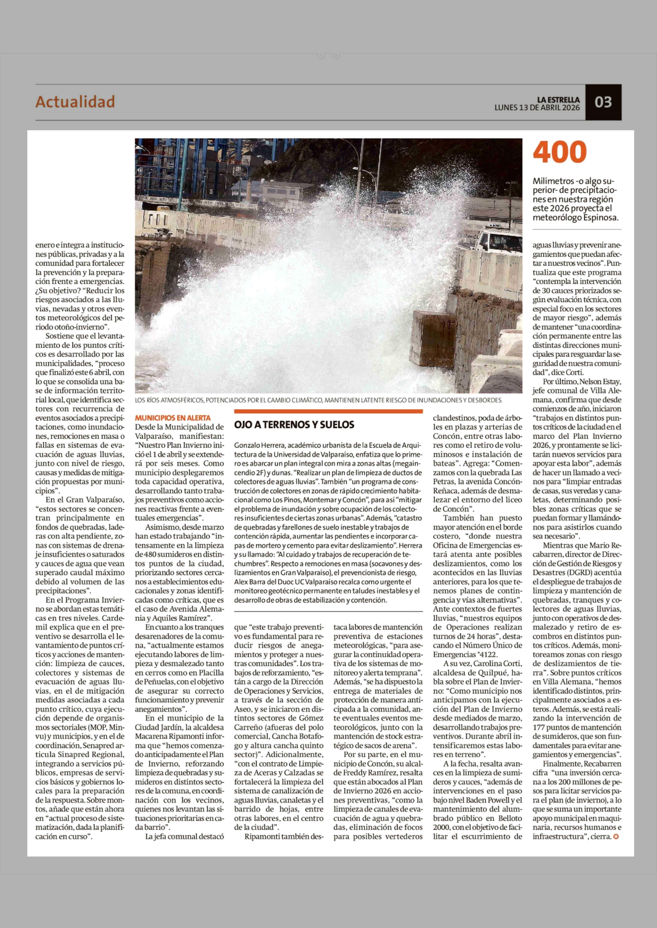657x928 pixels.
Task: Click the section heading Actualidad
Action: click(75, 101)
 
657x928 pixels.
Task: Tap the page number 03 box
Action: click(603, 102)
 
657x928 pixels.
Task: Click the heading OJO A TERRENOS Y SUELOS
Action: click(294, 425)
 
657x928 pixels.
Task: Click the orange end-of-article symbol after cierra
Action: click(616, 836)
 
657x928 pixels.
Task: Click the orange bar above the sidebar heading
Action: click(328, 411)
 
